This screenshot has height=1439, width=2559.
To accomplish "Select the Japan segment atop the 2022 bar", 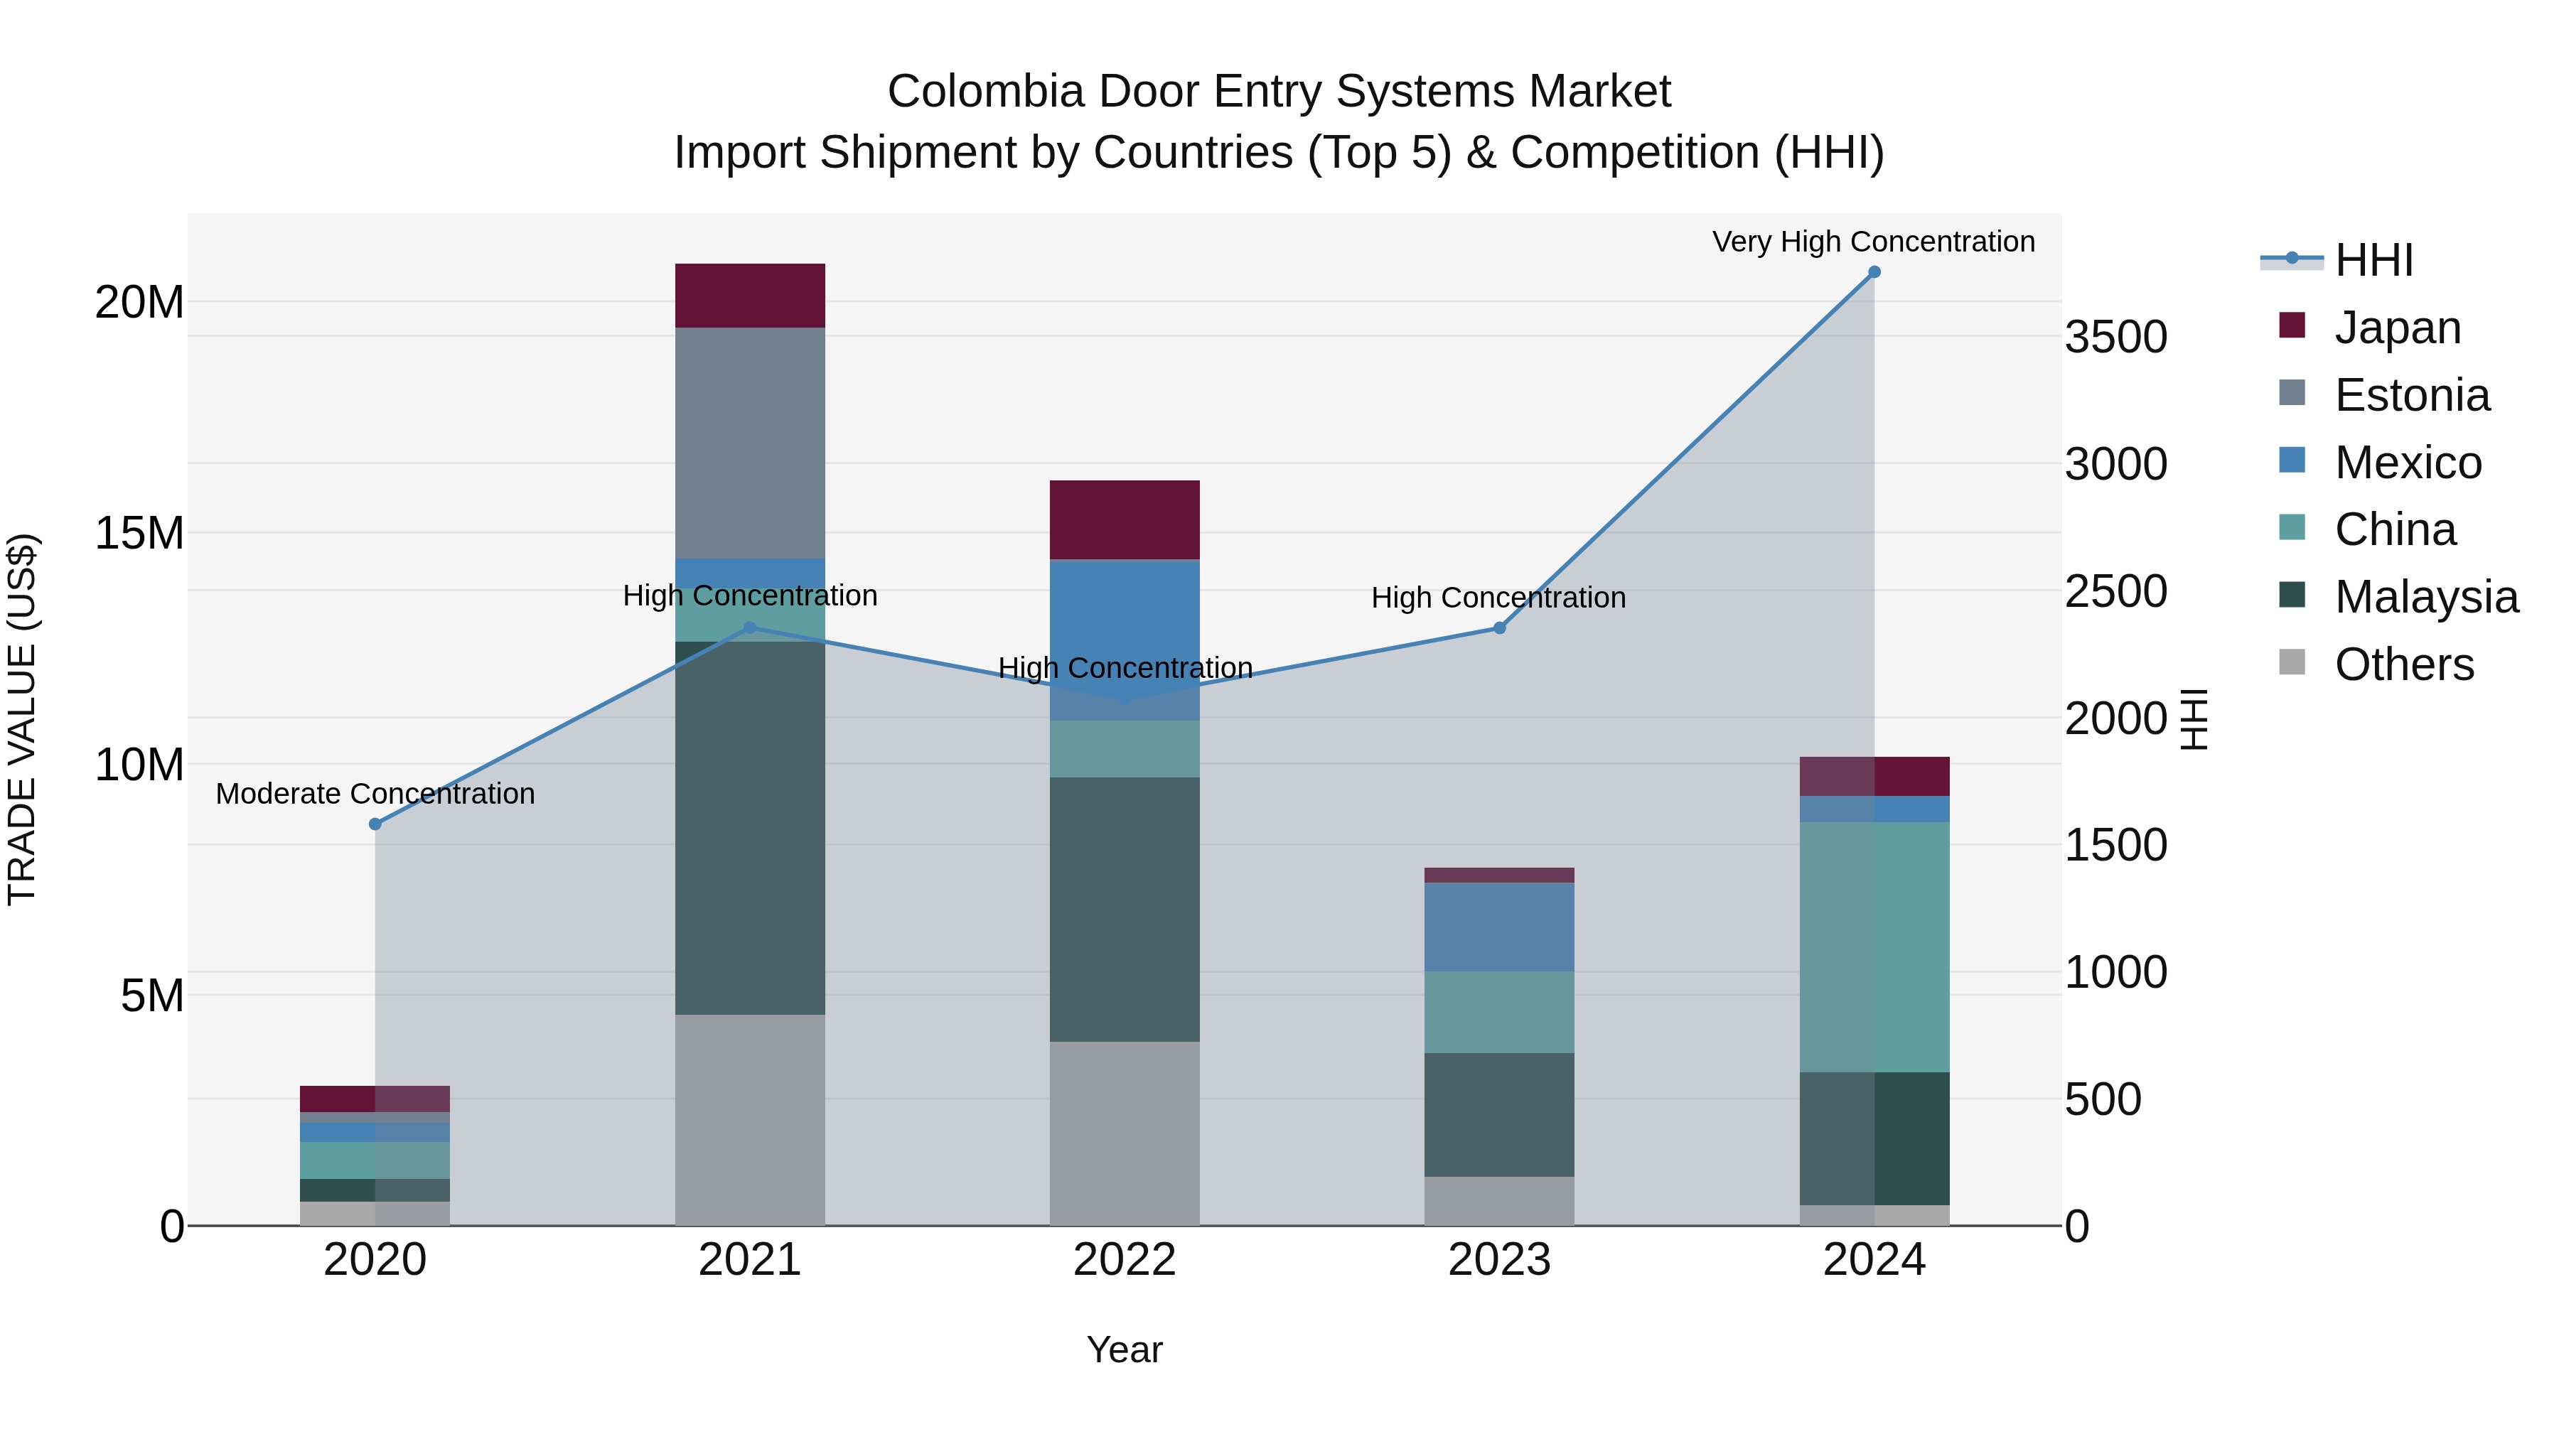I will coord(1125,519).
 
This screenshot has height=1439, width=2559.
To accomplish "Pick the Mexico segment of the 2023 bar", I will coord(1499,927).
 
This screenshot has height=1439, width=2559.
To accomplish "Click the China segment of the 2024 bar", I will coord(1874,947).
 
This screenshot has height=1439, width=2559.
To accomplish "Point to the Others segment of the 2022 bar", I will coord(1125,1133).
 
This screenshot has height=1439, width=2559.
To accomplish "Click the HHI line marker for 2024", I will coord(1874,272).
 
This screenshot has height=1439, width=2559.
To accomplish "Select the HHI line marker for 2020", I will coord(375,824).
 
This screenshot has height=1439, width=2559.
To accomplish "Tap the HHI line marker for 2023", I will coord(1500,627).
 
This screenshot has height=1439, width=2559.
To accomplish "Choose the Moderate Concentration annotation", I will coord(375,794).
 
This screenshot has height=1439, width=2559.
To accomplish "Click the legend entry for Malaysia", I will coord(2426,598).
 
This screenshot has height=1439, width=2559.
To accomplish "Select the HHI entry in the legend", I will coord(2373,260).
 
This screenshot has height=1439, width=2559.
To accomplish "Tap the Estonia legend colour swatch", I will coord(2292,393).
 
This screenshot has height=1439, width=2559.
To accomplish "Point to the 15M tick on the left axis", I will coord(139,533).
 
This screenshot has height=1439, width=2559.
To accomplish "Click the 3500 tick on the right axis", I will coord(2116,338).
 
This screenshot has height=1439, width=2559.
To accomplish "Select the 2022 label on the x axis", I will coord(1125,1260).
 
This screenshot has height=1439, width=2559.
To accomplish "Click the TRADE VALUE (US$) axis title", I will coord(22,719).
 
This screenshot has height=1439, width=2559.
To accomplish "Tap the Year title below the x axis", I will coord(1125,1349).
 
